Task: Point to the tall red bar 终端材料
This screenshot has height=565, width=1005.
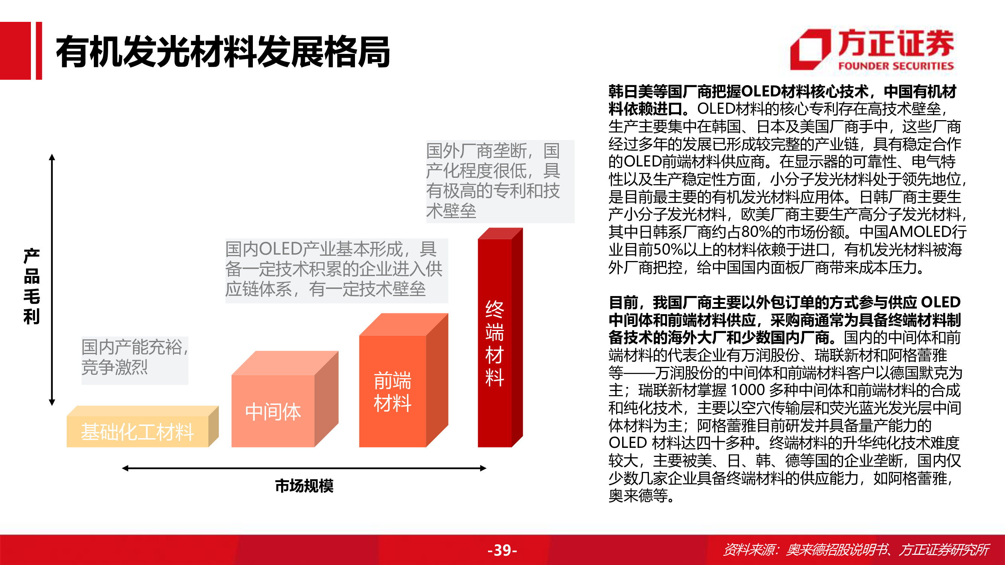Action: click(495, 343)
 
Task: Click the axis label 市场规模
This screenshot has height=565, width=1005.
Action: click(304, 486)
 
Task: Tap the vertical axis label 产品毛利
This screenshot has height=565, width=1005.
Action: click(32, 286)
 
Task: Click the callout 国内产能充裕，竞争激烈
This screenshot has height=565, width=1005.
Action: click(135, 357)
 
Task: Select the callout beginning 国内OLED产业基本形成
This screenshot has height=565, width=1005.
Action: click(335, 269)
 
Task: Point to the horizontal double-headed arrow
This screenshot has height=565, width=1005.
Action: click(304, 468)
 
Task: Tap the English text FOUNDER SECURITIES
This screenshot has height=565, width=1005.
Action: click(896, 66)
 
